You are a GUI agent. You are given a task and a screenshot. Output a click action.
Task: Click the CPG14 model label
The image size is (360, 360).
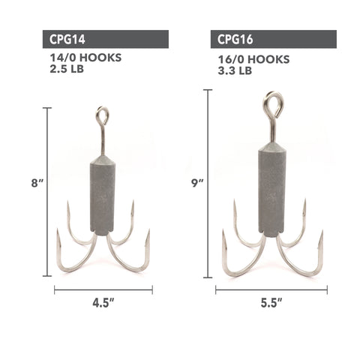pyautogui.click(x=67, y=39)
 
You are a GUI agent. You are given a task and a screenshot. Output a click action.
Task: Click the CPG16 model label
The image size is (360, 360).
pyautogui.click(x=235, y=39)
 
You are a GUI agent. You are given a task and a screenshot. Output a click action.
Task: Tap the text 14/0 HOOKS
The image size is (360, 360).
pyautogui.click(x=85, y=58)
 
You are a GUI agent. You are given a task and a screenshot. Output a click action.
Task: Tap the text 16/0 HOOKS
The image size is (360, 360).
pyautogui.click(x=253, y=59)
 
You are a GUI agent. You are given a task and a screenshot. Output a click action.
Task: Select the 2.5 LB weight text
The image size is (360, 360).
pyautogui.click(x=67, y=69)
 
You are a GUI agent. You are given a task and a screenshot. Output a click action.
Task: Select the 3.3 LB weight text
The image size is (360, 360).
pyautogui.click(x=235, y=70)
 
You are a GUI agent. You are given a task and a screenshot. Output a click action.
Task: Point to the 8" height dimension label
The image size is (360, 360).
pyautogui.click(x=37, y=183)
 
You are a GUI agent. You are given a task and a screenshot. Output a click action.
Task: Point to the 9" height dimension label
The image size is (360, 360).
pyautogui.click(x=198, y=183)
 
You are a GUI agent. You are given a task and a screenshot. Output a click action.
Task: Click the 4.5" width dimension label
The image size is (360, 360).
pyautogui.click(x=103, y=303)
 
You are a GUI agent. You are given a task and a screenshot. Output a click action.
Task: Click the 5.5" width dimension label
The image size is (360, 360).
pyautogui.click(x=271, y=303)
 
